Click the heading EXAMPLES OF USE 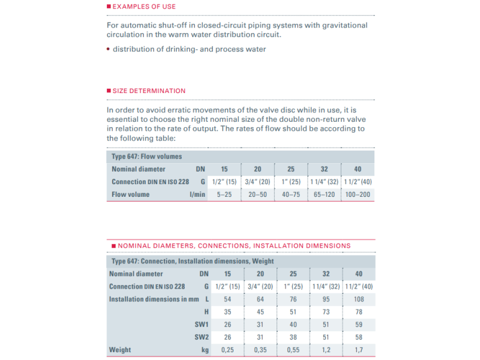pos(144,7)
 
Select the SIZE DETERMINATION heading pos(149,91)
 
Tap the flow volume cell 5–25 pos(224,194)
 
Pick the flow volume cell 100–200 pos(358,194)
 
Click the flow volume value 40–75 pos(291,194)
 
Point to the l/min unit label pos(197,194)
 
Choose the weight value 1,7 pos(358,350)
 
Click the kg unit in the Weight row pos(204,350)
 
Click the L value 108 pos(358,299)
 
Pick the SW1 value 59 pos(358,325)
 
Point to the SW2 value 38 pos(293,337)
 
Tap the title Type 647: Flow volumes pos(146,157)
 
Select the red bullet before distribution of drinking pos(109,49)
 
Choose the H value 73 pos(325,312)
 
